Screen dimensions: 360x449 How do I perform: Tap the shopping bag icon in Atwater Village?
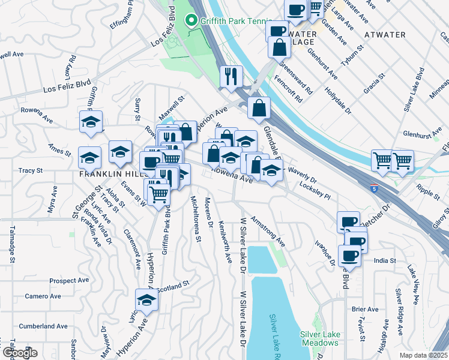[x=280, y=47]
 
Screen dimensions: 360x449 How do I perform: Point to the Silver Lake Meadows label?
[x=320, y=338]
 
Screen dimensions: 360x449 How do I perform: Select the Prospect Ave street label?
[x=70, y=281]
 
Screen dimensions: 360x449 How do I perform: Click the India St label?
[x=385, y=260]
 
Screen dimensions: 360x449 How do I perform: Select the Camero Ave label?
[x=43, y=296]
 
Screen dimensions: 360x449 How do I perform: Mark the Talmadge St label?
[x=11, y=245]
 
